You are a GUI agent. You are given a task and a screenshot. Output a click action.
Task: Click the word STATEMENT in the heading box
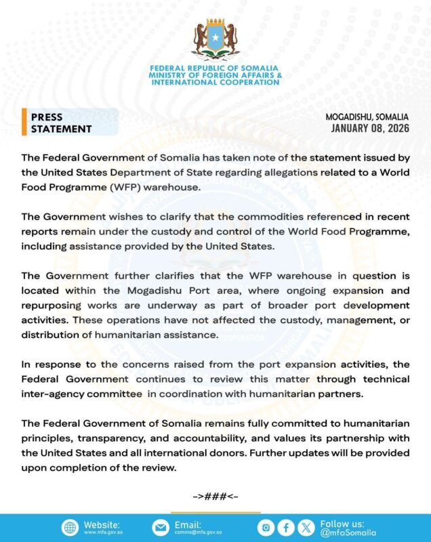61,129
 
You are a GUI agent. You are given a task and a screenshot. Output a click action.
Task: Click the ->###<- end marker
215,497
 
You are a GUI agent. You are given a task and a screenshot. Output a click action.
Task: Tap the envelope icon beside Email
160,528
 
